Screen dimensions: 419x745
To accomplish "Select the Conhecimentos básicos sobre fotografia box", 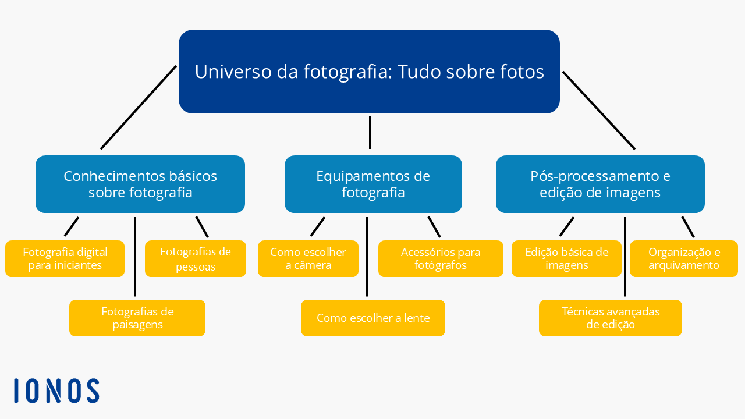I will point(140,184).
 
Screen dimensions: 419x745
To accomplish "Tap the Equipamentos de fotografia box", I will point(373,184).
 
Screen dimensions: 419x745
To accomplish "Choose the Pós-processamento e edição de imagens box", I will point(600,184).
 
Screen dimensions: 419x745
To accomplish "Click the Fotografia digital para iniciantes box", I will point(65,258).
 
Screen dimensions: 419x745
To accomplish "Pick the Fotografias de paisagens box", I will point(137,318).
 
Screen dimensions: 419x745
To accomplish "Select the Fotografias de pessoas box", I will point(195,259).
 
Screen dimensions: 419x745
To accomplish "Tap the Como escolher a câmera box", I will point(308,258).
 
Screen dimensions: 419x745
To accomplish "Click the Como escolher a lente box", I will point(373,318).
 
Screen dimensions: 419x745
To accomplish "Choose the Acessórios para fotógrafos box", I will point(441,258).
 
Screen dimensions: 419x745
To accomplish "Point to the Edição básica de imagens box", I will point(566,258).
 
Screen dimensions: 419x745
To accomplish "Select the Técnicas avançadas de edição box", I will point(611,318).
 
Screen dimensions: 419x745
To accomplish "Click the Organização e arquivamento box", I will point(684,258).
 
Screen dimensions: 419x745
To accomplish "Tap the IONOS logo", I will point(56,390).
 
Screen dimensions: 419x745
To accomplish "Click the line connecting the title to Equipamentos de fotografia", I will point(370,133).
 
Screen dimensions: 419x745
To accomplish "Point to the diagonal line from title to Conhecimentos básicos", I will point(139,107).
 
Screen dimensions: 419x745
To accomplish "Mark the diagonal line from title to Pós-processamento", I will point(599,111).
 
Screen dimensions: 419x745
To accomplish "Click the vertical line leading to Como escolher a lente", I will point(367,257).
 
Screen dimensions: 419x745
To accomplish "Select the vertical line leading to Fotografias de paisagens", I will point(135,257).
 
